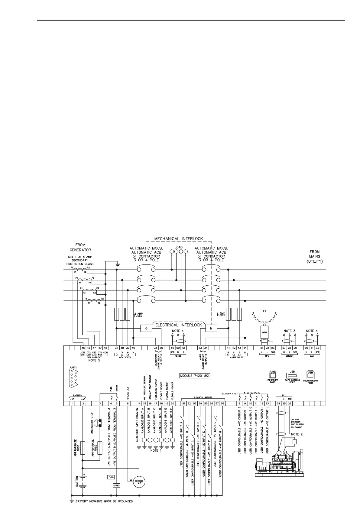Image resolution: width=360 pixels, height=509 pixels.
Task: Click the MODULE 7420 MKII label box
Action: click(x=195, y=376)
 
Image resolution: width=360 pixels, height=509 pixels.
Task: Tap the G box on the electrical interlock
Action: click(x=146, y=328)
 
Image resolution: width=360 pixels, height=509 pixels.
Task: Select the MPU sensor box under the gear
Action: click(x=264, y=332)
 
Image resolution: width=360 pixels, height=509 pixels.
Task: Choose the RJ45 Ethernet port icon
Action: click(x=273, y=375)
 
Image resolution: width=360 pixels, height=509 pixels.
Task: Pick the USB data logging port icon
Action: click(x=292, y=375)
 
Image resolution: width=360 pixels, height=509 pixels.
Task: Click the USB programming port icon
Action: click(x=310, y=375)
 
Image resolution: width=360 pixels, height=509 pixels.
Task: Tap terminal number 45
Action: click(x=83, y=348)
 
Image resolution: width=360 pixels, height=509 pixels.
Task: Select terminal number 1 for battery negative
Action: click(x=72, y=403)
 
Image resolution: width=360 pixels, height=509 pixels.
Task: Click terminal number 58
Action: click(x=223, y=403)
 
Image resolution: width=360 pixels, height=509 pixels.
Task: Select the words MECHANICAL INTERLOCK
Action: click(x=179, y=238)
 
